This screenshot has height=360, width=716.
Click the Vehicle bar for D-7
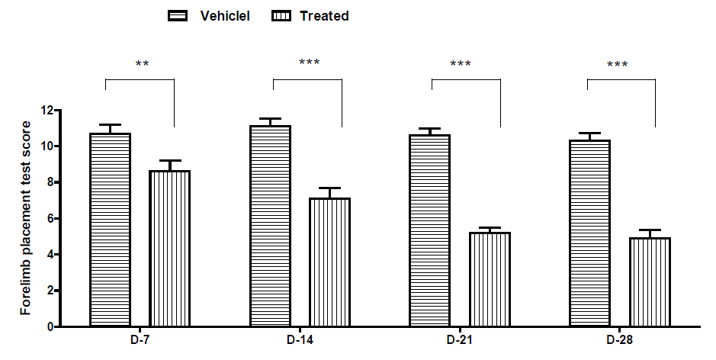[111, 230]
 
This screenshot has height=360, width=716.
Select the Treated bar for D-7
[169, 249]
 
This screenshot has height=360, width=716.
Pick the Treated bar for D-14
[329, 262]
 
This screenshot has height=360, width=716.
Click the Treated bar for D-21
[490, 279]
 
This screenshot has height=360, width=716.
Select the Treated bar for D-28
[650, 282]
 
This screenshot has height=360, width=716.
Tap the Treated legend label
[324, 16]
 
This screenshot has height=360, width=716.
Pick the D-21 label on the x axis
[461, 339]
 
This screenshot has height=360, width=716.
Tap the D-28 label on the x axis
[619, 339]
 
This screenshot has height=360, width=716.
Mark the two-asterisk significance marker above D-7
[142, 65]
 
